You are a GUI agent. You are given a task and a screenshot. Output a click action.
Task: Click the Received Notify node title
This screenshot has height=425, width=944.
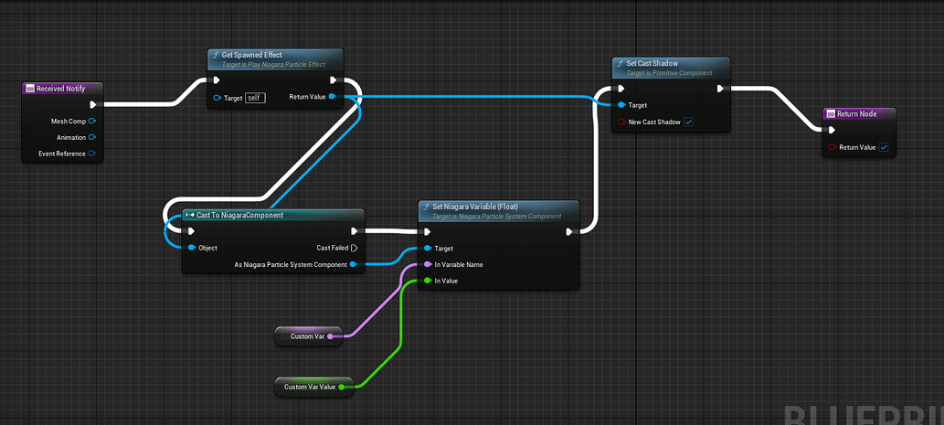click(61, 89)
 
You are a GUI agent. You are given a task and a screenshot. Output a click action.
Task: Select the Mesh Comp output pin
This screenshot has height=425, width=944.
click(92, 121)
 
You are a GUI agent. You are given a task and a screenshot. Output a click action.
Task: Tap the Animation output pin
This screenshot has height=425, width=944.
click(92, 137)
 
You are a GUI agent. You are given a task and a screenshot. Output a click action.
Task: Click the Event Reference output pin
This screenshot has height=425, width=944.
click(92, 154)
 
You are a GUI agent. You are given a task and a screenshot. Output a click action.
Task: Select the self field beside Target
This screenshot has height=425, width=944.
click(255, 98)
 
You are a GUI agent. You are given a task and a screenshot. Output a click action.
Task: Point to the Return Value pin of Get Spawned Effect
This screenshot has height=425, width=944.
click(331, 96)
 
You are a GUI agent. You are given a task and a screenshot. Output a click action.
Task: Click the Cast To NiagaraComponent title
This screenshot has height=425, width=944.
click(239, 215)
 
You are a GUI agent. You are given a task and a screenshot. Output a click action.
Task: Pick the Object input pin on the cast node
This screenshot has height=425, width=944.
click(191, 248)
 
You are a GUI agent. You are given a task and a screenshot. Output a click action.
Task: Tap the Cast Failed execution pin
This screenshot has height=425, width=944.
click(354, 248)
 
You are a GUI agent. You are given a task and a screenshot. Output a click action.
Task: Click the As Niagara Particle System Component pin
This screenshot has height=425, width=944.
click(354, 265)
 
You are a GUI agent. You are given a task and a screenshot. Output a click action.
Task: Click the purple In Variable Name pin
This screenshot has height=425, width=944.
click(427, 264)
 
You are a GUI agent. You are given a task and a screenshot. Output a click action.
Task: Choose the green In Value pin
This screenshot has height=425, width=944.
click(427, 281)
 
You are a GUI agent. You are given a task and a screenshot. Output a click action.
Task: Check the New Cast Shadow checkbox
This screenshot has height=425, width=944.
click(688, 122)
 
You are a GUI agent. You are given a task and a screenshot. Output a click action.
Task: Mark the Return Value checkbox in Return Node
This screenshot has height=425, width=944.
click(884, 147)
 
